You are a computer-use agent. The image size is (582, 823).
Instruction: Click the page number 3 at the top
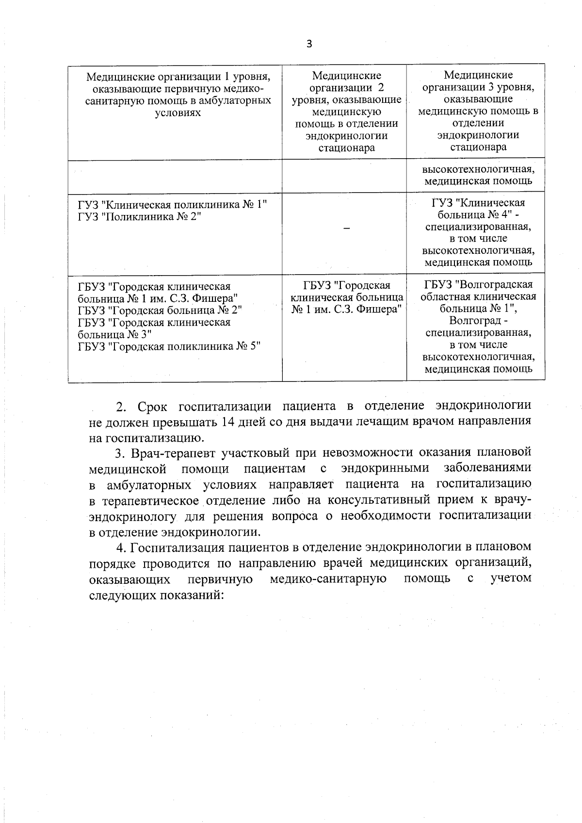pos(309,44)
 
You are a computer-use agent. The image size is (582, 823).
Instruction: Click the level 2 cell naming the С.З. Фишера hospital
pos(346,297)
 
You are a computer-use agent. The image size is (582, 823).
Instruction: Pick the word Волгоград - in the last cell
pos(478,321)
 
